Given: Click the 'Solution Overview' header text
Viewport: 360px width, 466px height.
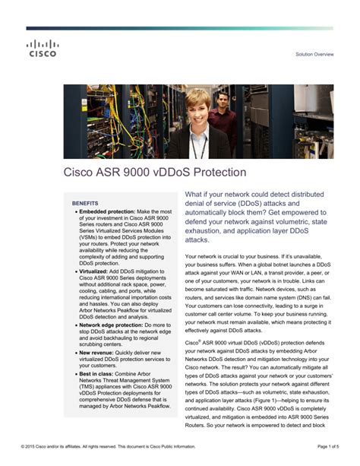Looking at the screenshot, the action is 314,55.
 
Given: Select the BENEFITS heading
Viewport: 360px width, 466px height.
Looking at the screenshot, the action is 84,204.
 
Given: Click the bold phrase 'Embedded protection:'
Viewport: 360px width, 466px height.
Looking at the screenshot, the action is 107,211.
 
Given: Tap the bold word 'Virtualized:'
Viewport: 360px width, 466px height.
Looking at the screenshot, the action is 93,270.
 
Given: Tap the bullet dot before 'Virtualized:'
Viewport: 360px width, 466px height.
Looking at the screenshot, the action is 75,270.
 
